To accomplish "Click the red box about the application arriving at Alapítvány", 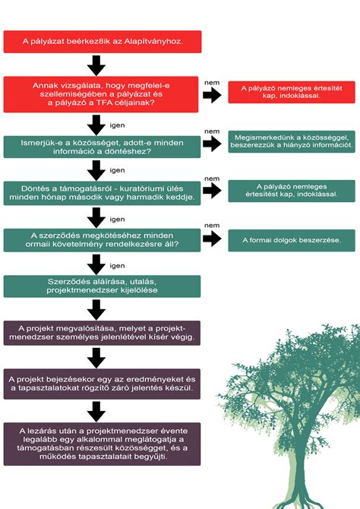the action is coord(103,42).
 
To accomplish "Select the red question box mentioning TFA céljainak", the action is coord(101,94).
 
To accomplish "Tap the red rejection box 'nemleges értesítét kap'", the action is coord(292,92).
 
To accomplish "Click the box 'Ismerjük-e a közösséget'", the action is coord(102,147).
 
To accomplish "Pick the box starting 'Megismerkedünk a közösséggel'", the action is coord(292,141).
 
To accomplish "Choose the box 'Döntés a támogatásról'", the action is coord(102,193).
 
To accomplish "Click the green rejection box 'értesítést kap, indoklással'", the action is coord(292,191).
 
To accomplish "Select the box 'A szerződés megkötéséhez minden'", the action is coord(102,240).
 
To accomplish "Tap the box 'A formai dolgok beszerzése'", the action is coord(292,240).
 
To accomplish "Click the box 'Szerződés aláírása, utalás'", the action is coord(102,286).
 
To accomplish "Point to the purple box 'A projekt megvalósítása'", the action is coord(102,333).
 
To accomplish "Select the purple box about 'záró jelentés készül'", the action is coord(102,384).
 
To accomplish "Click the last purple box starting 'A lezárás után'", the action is coord(102,444).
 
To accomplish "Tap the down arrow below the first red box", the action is coord(96,65).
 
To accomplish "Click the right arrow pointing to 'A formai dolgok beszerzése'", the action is coord(213,239).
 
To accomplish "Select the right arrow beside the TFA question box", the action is coord(213,95).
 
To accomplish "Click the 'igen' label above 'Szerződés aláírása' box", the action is coord(117,266).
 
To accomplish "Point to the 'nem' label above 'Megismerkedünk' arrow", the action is coord(212,131).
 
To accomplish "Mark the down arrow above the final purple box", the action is coord(96,412).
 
